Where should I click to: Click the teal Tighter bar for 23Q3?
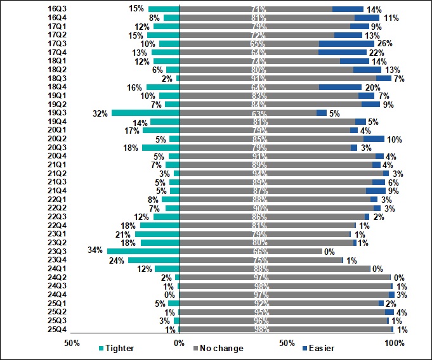tap(143, 252)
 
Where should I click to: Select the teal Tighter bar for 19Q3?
tap(146, 113)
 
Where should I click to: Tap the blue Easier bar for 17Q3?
tap(346, 44)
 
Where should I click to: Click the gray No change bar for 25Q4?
tap(286, 330)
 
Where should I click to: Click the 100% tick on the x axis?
tap(395, 343)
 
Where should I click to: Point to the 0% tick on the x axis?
tap(180, 343)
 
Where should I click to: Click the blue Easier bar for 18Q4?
tap(340, 87)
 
